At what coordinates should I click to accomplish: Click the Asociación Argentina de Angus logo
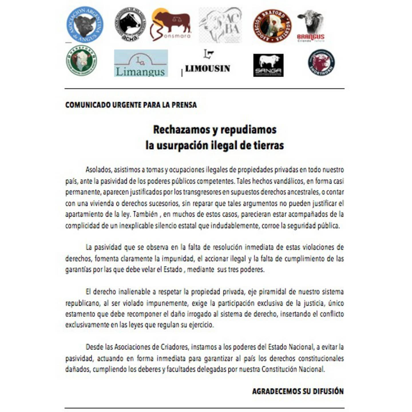click(x=85, y=25)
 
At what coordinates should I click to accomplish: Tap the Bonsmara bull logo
click(x=171, y=25)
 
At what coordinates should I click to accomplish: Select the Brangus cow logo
click(x=311, y=26)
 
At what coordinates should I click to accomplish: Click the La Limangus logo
click(x=141, y=63)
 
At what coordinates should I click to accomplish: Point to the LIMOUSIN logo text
click(x=207, y=68)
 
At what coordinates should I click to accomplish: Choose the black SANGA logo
click(x=268, y=65)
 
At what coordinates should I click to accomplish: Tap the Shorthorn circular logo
click(x=321, y=63)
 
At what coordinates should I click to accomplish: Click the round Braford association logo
click(x=272, y=26)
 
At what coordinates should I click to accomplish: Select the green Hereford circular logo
click(x=82, y=61)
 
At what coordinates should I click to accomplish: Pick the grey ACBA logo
click(x=220, y=25)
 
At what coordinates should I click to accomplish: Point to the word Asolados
click(x=98, y=170)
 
